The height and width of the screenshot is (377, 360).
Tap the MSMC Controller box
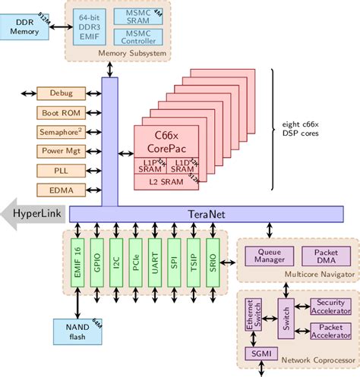click(134, 36)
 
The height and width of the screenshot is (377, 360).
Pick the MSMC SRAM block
click(134, 15)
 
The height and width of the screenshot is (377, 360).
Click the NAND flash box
click(73, 331)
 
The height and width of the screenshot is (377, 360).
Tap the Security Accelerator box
click(330, 306)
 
